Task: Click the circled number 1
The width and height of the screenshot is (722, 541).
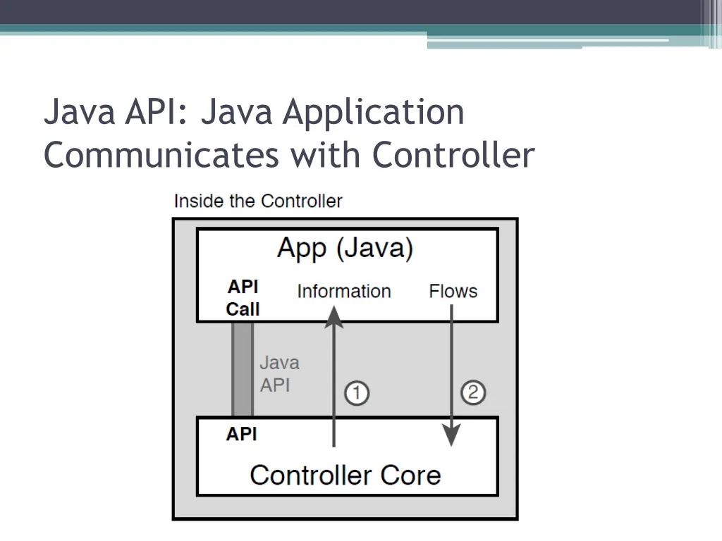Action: pos(357,392)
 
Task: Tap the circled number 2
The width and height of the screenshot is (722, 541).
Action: pos(473,392)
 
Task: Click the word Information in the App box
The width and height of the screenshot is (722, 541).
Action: pos(343,291)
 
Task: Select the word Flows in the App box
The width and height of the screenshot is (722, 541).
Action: pos(453,291)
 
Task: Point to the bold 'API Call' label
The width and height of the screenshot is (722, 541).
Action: pos(243,297)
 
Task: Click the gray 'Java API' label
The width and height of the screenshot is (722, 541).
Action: pos(279,374)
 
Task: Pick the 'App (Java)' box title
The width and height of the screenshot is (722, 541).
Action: pos(345,249)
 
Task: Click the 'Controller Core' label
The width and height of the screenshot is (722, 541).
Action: pos(345,475)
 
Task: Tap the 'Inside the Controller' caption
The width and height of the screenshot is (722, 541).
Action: pos(257,201)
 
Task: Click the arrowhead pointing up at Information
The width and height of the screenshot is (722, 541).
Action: pos(334,318)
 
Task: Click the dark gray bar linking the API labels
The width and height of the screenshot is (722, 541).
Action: pos(243,369)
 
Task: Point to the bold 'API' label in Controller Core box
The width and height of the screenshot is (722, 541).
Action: pos(242,434)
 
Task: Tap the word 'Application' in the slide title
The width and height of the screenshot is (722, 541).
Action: pos(374,113)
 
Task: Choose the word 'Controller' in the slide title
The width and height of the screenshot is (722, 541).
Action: pos(453,155)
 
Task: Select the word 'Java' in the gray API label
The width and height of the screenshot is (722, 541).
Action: pos(279,363)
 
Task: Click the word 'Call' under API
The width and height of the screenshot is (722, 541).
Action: pos(243,309)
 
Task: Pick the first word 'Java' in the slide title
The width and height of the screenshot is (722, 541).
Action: pos(79,113)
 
